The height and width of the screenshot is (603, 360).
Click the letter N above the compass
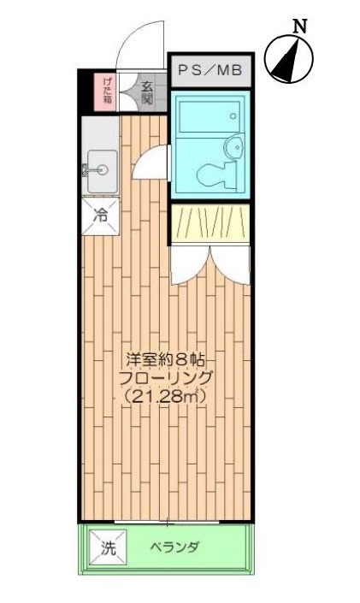300,26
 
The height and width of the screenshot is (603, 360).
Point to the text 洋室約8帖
166,357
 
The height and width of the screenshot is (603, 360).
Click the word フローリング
166,376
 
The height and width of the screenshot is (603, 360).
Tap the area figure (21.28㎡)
166,396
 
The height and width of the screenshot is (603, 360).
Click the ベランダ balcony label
174,547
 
